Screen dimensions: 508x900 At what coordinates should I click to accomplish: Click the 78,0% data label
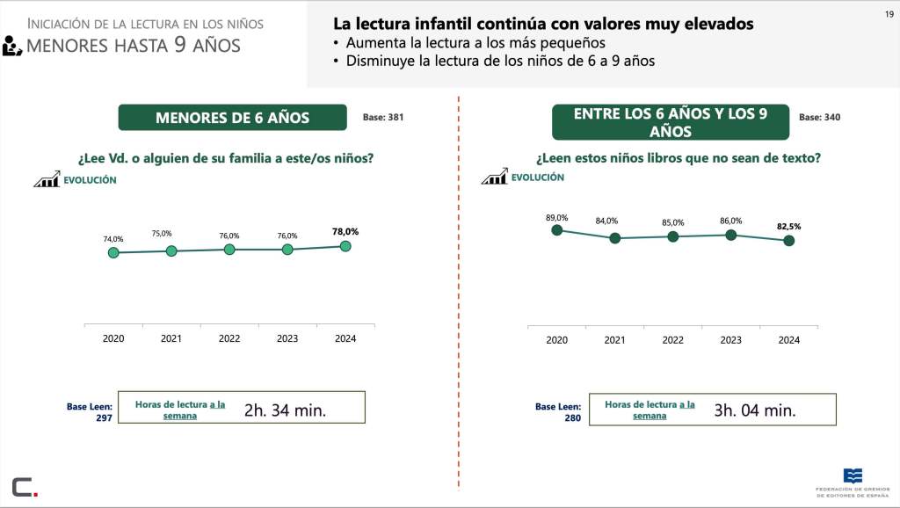(345, 231)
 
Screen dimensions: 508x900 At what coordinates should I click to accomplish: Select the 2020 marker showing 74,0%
(113, 253)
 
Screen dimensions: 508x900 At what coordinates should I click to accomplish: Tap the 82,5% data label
(788, 226)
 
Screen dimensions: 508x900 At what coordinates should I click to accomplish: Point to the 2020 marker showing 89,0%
(556, 230)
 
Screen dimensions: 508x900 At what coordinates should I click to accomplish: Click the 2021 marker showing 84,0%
(614, 238)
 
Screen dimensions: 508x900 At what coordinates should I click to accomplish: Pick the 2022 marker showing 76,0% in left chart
(229, 250)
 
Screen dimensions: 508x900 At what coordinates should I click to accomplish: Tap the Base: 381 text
(383, 116)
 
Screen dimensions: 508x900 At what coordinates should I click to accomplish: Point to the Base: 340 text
(819, 117)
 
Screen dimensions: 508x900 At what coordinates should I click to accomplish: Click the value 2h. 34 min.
(285, 410)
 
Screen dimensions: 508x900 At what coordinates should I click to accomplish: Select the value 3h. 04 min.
(754, 410)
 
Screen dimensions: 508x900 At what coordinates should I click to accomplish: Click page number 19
(888, 13)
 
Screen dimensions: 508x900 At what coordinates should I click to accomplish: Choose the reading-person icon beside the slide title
(11, 46)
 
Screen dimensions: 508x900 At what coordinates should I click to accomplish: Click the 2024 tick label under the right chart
(788, 340)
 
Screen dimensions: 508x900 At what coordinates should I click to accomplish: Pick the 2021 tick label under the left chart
(171, 338)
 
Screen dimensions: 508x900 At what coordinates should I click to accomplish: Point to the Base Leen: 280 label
(558, 412)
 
